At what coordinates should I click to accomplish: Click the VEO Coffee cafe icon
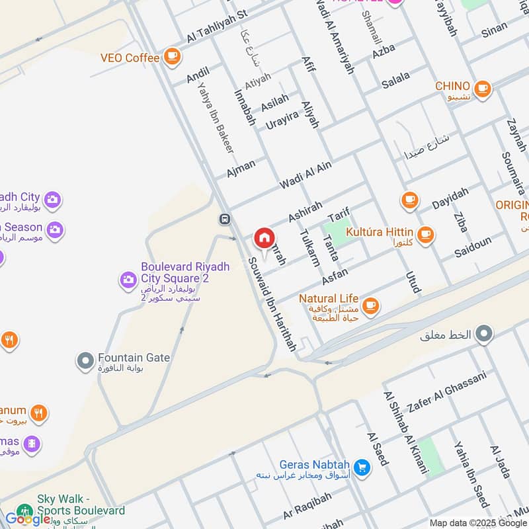(173, 57)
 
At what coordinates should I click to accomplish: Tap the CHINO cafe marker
(482, 88)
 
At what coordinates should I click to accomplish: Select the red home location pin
(264, 238)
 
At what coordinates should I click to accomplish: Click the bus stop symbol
(225, 219)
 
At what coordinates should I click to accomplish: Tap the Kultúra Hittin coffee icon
(425, 233)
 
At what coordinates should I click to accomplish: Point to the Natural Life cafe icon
(371, 305)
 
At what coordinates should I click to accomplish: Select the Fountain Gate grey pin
(85, 361)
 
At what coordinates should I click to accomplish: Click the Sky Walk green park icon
(24, 511)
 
